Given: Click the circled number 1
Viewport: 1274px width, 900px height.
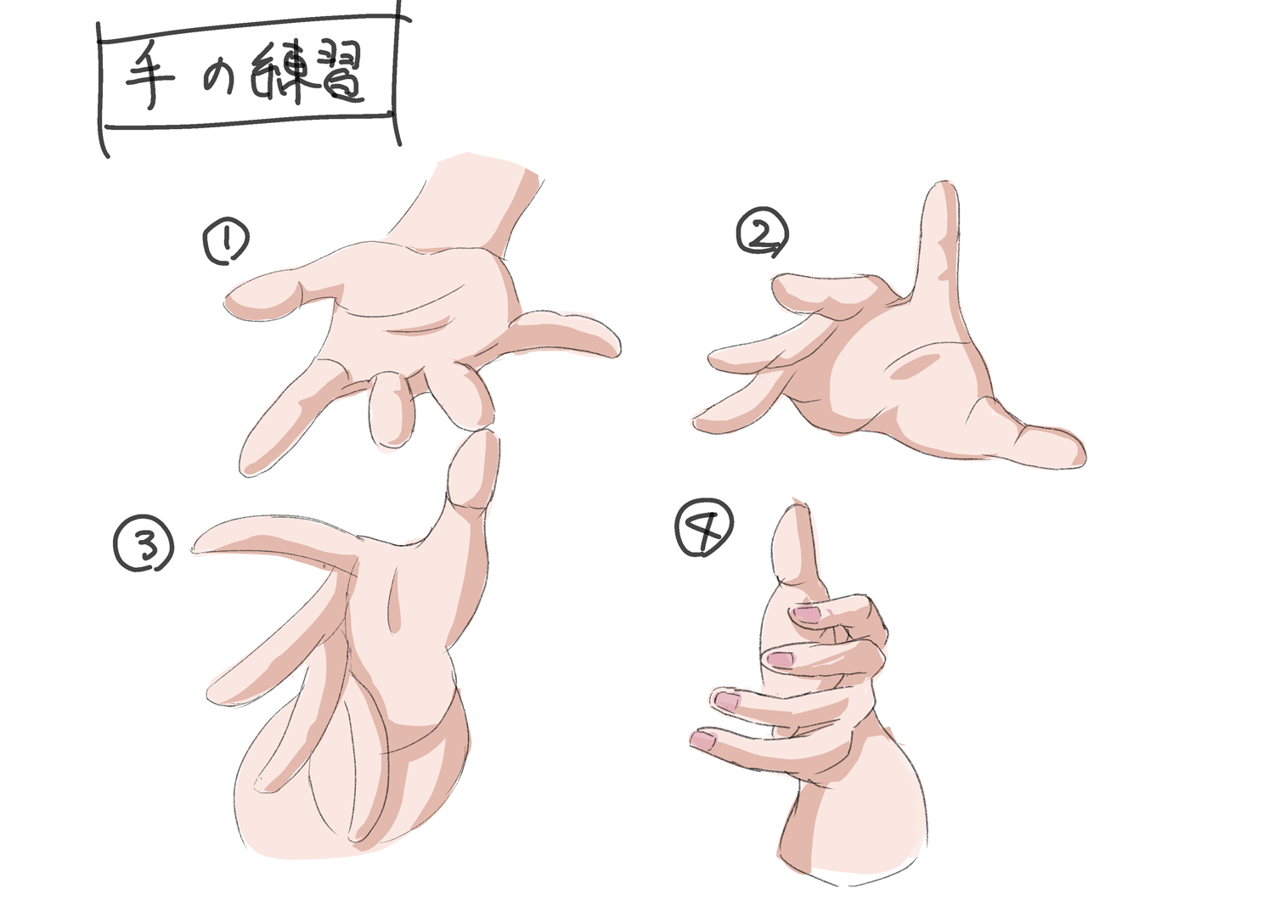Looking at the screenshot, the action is (226, 243).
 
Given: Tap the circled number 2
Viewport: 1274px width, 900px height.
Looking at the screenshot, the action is (762, 233).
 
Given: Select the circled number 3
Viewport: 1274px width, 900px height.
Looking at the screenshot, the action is (144, 544).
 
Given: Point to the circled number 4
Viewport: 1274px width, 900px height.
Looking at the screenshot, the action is (704, 528).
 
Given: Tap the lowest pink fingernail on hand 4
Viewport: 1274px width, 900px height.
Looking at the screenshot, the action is (703, 741).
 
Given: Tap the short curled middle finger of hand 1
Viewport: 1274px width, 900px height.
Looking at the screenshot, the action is (391, 408).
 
